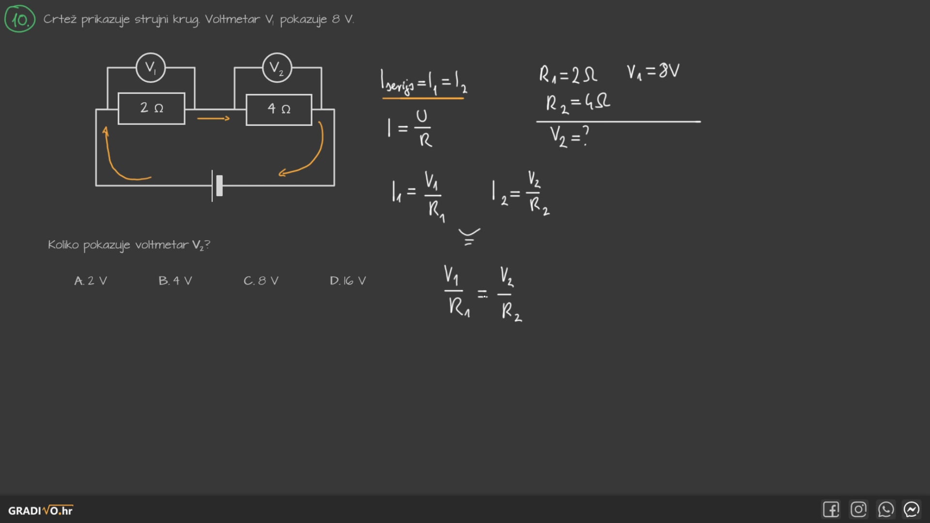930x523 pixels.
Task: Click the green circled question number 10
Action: click(x=20, y=19)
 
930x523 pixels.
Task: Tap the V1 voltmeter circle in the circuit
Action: click(x=151, y=68)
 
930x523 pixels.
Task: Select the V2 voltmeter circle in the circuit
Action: click(x=277, y=68)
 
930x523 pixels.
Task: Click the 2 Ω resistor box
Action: click(x=152, y=108)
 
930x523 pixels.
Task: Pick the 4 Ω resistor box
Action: click(x=279, y=109)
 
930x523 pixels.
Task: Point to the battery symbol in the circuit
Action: click(x=217, y=185)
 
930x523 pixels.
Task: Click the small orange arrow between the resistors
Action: click(x=213, y=118)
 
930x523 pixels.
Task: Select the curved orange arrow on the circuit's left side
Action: click(x=119, y=160)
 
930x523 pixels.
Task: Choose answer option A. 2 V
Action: click(x=91, y=281)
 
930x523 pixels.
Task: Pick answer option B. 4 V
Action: click(x=175, y=281)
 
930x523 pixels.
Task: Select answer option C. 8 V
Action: click(x=261, y=281)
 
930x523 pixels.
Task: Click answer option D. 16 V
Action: click(x=348, y=281)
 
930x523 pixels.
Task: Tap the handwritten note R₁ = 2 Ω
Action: click(x=568, y=75)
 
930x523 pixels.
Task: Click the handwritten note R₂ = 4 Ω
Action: click(x=577, y=103)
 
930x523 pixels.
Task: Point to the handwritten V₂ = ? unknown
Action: click(x=569, y=136)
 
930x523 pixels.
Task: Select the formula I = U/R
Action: click(x=410, y=128)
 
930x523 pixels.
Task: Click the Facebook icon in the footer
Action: click(x=831, y=509)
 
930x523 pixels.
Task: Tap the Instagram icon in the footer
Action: click(x=858, y=509)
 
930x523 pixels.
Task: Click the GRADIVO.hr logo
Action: click(x=41, y=510)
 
